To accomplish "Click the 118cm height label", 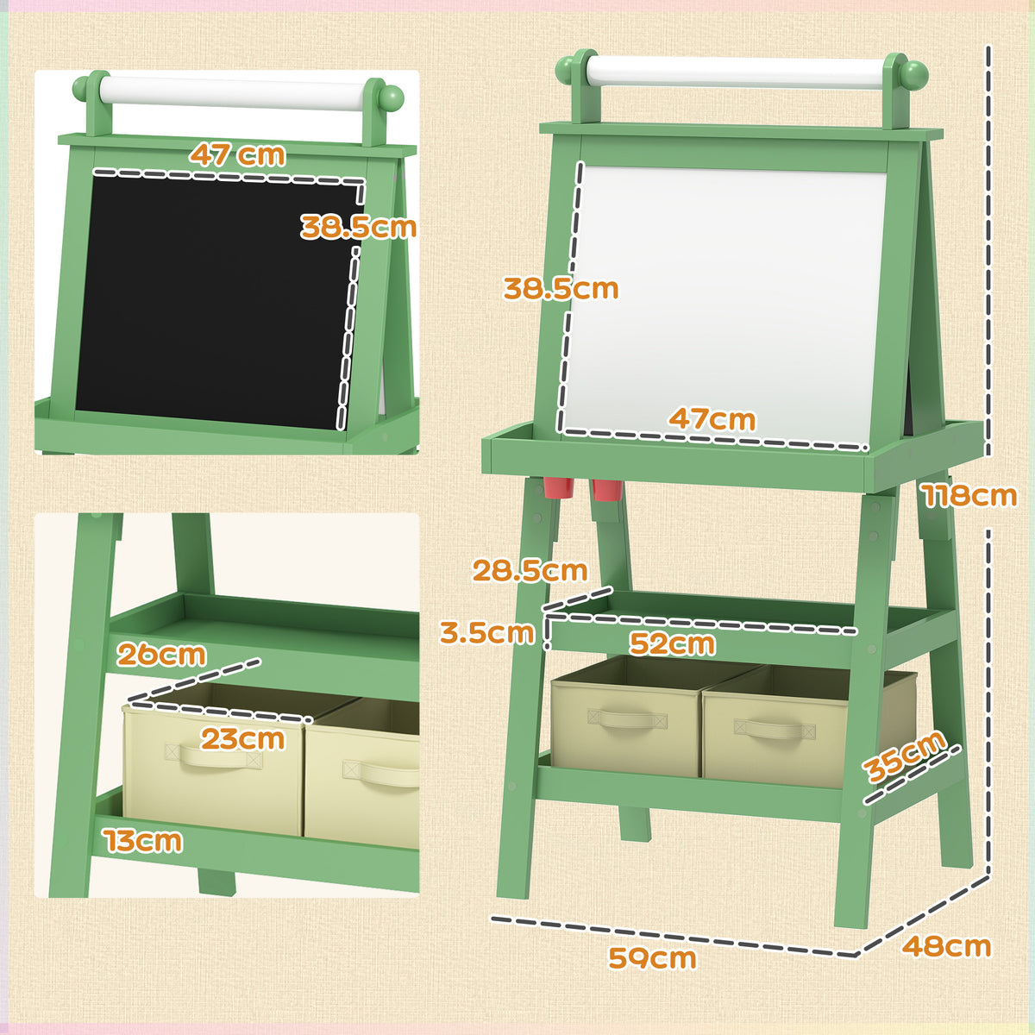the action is click(970, 495).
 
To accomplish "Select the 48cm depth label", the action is click(946, 946).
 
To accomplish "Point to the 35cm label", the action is click(906, 756).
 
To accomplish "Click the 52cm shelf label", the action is click(672, 643).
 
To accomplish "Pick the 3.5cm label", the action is click(487, 632).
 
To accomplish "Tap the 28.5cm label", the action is click(530, 570).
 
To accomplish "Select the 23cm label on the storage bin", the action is click(242, 739).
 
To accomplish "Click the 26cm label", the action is click(161, 654).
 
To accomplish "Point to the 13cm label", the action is click(143, 841).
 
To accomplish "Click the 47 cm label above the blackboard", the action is click(237, 154).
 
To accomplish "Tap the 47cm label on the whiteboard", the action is click(712, 419).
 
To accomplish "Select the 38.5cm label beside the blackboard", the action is click(358, 227).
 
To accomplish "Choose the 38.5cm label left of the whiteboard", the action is click(561, 288).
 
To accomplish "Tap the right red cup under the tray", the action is click(607, 490).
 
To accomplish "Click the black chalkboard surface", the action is click(215, 301).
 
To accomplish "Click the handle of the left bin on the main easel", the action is click(627, 719).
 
